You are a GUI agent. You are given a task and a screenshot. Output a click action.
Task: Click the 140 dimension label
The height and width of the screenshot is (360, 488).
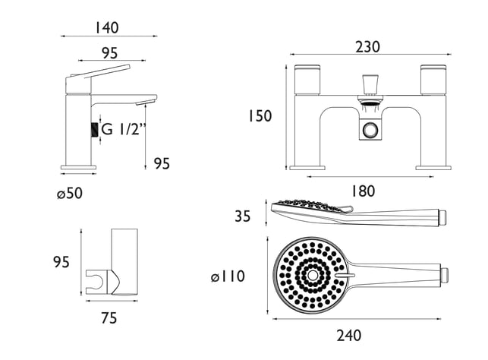coord(107,27)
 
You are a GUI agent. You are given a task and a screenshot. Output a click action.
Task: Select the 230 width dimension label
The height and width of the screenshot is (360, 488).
coord(367,47)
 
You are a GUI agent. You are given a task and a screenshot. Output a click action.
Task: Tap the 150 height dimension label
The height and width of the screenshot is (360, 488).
coord(260,116)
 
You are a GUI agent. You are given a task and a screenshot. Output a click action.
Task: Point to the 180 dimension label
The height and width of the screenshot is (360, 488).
coord(363,191)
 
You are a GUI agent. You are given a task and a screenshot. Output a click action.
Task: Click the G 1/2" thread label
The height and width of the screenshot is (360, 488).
coord(124,129)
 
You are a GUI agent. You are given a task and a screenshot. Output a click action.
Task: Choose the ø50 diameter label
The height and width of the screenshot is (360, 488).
coord(70,194)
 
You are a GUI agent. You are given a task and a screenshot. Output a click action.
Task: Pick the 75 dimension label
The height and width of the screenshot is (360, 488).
coord(109,318)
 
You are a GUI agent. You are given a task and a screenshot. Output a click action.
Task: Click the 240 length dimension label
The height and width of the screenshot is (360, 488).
coord(349,336)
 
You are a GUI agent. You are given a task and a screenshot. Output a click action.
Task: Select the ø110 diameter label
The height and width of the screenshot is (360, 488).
coord(228,276)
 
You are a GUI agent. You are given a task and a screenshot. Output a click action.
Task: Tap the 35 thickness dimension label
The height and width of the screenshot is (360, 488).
coord(242,216)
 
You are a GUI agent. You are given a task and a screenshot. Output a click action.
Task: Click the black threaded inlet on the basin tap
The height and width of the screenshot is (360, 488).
coord(94,130)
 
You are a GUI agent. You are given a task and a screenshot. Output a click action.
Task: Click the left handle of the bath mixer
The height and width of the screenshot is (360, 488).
coord(307,80)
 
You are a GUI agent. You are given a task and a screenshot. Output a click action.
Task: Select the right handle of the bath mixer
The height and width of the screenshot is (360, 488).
coord(433,80)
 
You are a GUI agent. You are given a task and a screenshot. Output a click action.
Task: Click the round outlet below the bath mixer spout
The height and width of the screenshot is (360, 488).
coord(370,129)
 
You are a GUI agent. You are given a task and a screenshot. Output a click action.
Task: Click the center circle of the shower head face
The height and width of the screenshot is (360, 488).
coord(311,275)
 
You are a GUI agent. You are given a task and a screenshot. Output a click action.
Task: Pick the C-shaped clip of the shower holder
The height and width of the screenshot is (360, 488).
coord(96,282)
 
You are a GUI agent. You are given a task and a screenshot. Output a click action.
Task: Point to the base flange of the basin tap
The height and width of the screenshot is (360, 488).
coord(78,168)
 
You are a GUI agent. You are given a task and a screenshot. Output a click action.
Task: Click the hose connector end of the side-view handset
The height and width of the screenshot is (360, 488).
coord(442,216)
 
